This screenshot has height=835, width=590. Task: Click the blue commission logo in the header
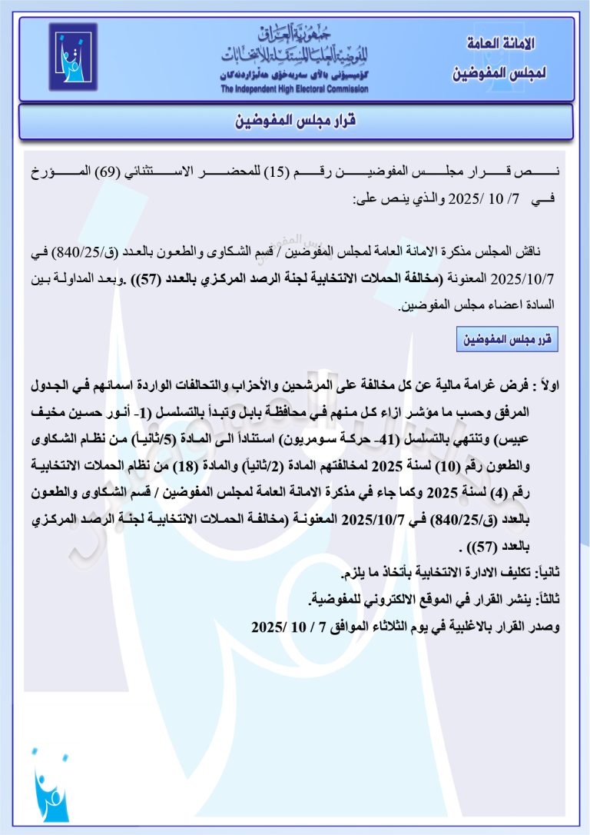[74, 57]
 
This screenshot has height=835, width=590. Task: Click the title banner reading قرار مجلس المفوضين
[295, 121]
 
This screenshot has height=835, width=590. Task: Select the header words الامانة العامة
[501, 44]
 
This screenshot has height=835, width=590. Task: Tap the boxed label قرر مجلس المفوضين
[507, 339]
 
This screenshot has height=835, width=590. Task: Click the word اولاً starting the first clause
[546, 384]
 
